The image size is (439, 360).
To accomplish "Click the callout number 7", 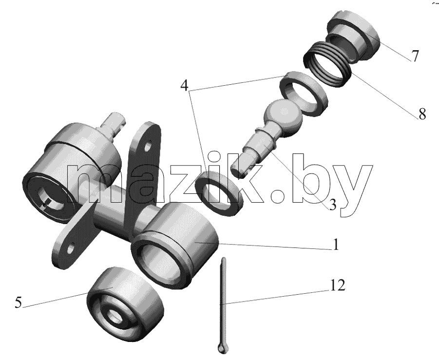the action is coord(415,56).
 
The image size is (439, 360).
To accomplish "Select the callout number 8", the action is coord(422,114).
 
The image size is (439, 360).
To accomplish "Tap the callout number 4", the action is coord(185,85).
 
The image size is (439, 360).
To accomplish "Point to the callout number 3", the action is coord(333,205).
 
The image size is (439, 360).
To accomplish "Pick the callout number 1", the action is coord(336,245).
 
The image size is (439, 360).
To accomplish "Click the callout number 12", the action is coord(337,285).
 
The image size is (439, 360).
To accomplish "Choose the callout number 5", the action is coord(18,303).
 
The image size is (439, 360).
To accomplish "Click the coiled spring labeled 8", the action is coord(327,63).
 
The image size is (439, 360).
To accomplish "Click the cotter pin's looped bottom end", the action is coord(223,347).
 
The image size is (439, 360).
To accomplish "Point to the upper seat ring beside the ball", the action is coord(304,93).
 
